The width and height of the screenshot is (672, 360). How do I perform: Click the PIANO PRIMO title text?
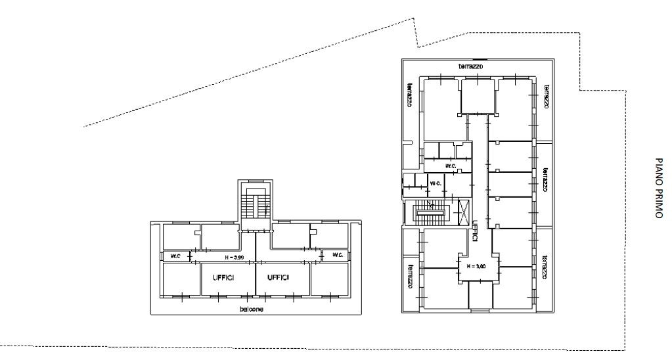point(659,188)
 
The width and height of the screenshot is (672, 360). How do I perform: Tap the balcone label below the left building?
point(252,309)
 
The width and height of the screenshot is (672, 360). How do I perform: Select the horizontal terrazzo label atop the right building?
point(470,66)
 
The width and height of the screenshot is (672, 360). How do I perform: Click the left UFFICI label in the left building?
point(224,278)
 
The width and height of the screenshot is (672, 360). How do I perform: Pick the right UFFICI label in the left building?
point(278,278)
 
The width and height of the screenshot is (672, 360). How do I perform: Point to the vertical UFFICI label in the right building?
point(475,231)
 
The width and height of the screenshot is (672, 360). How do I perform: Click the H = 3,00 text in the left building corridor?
point(235,258)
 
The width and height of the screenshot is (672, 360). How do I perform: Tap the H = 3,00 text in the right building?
point(476,266)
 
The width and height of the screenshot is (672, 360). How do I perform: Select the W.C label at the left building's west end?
point(175,256)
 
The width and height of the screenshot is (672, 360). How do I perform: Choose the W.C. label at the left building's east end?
point(338,255)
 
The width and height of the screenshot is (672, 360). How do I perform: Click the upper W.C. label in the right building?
point(451,166)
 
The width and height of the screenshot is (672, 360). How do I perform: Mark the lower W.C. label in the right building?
point(436,183)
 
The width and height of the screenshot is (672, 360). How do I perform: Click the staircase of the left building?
point(256,205)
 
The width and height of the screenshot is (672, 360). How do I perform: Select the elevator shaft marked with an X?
point(464,213)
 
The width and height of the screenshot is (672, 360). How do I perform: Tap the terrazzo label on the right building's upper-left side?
point(410,95)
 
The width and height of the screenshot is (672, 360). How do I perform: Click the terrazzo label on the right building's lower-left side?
point(410,275)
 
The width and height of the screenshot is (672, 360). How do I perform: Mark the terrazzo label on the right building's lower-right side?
point(545,267)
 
